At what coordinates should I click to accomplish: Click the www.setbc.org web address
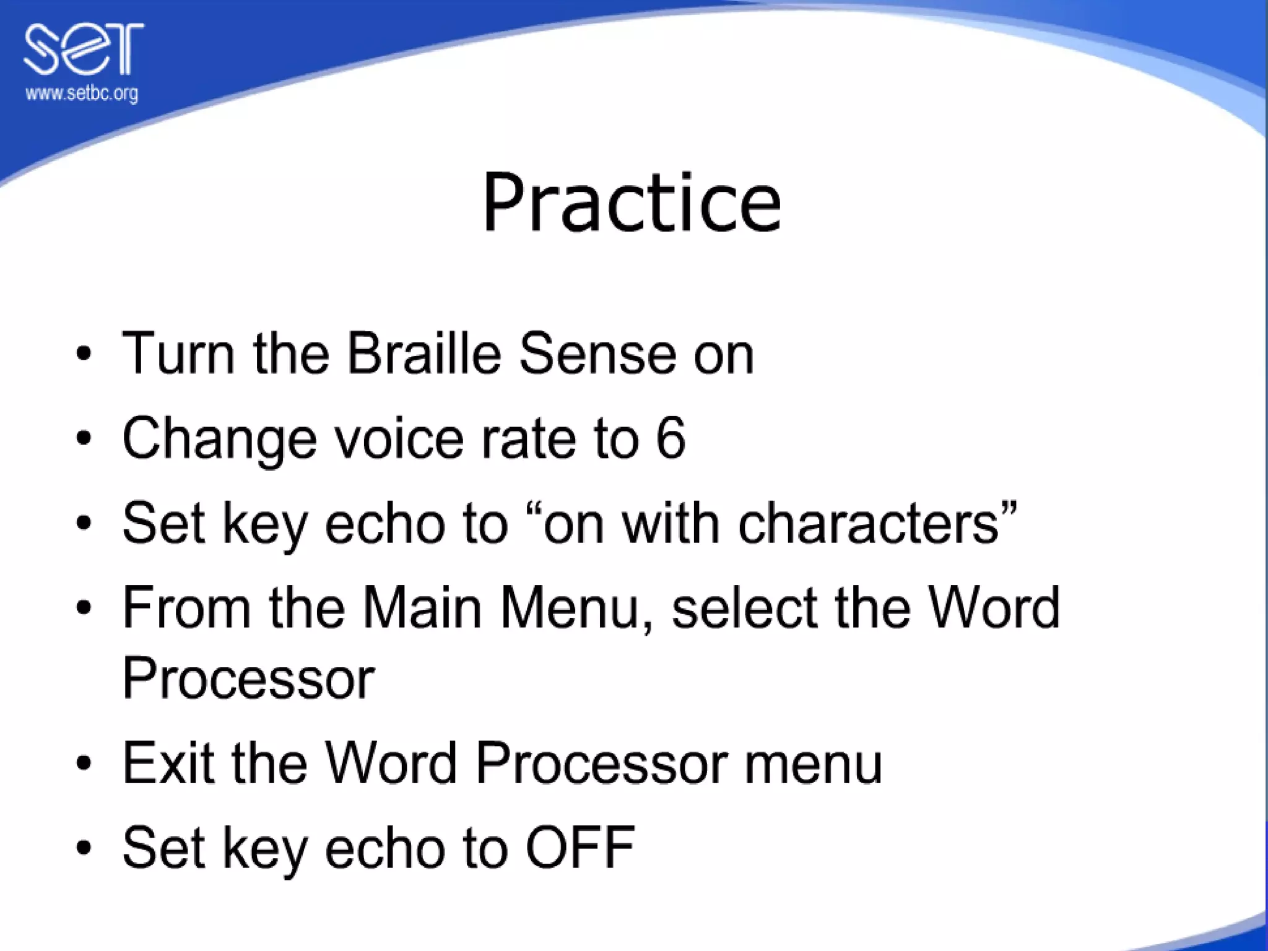tap(81, 94)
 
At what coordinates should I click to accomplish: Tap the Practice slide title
tap(631, 203)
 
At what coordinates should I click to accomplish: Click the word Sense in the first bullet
tap(597, 354)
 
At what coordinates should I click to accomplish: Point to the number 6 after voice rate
tap(671, 438)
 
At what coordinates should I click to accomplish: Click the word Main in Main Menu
tap(422, 608)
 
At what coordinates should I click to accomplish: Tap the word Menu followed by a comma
tap(576, 608)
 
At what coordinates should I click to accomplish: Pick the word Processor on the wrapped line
tap(248, 678)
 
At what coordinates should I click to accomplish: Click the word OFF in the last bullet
tap(580, 847)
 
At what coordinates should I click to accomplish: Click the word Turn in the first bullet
tap(179, 354)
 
